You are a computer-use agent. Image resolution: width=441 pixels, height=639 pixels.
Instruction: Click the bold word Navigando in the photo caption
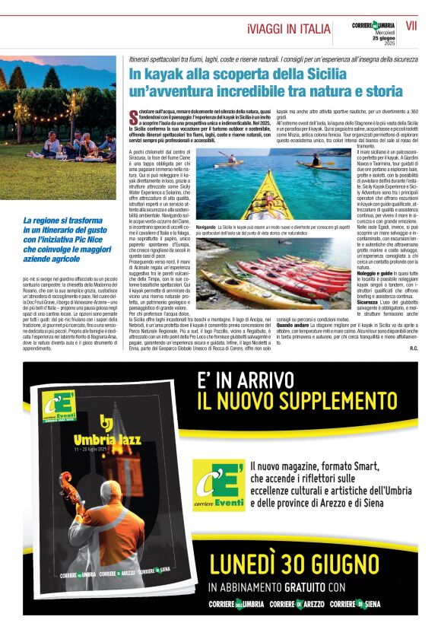click(206, 227)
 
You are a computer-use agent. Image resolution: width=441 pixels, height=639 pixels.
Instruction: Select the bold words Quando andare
click(293, 323)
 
